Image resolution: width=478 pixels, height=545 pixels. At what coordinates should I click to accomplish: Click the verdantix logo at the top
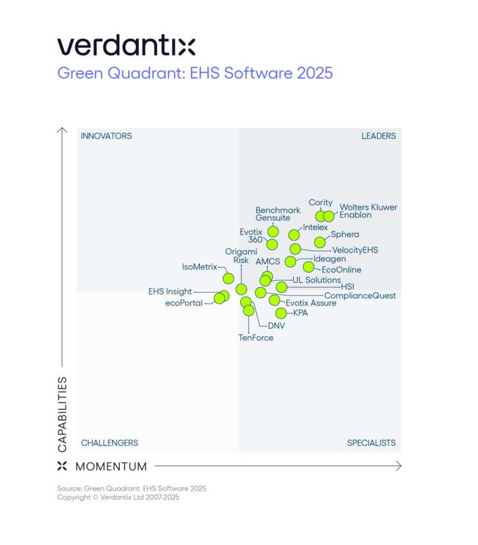126,46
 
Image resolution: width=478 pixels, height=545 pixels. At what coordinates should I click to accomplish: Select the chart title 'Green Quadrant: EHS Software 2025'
195,73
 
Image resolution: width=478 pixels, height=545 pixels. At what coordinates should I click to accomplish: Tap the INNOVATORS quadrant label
106,136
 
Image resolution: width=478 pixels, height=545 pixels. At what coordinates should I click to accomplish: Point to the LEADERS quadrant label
378,136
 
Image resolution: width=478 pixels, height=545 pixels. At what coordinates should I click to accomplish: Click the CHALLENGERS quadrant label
110,443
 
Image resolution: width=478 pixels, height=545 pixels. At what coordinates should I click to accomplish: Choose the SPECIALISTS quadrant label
371,443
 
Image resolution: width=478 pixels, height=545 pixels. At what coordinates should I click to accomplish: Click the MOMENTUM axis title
111,466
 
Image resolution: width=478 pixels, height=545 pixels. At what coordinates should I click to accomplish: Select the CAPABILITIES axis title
62,414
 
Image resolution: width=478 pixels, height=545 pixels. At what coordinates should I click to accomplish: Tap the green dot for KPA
281,313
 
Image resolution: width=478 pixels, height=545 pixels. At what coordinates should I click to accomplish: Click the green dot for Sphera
320,242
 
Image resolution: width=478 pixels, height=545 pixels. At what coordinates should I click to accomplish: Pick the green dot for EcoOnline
309,267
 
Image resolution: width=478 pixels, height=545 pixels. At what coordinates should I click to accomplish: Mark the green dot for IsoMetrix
228,278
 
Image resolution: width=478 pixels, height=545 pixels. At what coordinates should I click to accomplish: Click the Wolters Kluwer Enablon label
368,211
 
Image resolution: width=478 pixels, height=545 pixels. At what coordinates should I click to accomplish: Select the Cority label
321,203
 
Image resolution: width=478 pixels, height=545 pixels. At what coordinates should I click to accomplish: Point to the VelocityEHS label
355,250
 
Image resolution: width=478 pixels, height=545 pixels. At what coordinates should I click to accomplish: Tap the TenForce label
256,338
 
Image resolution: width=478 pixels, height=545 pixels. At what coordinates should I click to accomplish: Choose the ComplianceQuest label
360,296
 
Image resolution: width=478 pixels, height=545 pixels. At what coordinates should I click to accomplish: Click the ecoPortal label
184,303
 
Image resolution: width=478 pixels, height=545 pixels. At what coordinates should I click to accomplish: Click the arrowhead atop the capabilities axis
62,130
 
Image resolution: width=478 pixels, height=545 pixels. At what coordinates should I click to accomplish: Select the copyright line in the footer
118,497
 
